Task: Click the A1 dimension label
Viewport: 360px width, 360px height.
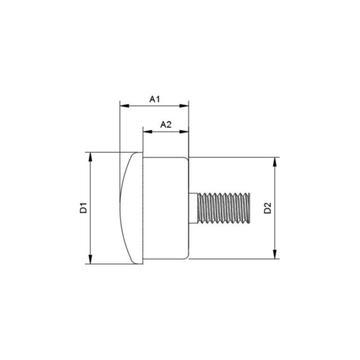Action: pos(155,99)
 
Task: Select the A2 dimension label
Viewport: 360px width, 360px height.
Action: pos(166,125)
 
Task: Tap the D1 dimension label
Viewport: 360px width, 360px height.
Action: pos(83,208)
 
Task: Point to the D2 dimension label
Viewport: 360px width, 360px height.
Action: pos(268,208)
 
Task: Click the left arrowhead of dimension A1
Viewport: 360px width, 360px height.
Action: pos(125,106)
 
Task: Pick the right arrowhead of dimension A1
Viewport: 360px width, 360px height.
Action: pos(184,106)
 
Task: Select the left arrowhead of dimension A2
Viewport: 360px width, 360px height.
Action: pos(148,132)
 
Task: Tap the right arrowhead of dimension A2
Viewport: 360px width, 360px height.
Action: pos(184,132)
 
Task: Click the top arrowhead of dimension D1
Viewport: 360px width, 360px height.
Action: pos(91,157)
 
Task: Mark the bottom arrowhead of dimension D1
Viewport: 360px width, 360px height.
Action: pos(91,259)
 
